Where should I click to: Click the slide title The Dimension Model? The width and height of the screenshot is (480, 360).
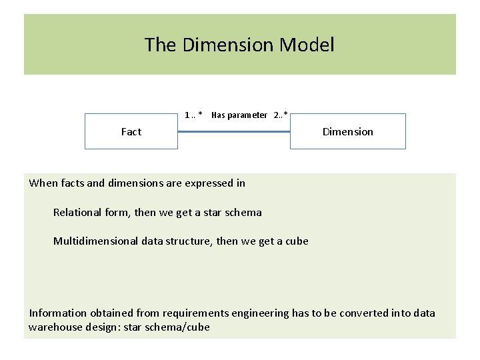click(x=239, y=45)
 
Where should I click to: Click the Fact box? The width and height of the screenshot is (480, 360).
click(x=131, y=131)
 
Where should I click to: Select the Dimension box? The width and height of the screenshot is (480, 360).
click(x=347, y=131)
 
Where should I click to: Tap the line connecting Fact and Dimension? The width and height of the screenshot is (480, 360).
click(x=234, y=131)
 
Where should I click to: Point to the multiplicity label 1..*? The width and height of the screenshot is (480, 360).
click(x=193, y=115)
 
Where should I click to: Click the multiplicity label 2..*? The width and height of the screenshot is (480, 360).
click(x=281, y=115)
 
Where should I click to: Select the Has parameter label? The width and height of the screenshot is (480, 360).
click(x=239, y=115)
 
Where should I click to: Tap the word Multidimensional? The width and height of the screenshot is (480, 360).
click(x=96, y=241)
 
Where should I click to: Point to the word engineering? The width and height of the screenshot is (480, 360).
click(x=261, y=313)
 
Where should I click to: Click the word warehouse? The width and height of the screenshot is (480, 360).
click(x=55, y=327)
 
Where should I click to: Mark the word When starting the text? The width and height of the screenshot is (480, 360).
click(x=42, y=183)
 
